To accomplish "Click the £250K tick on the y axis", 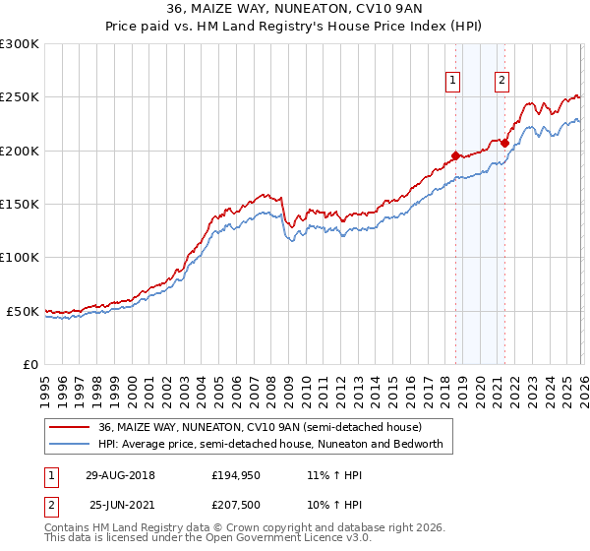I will (x=20, y=97).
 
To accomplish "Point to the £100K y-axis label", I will (x=20, y=258).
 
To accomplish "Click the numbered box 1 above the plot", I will (x=453, y=82).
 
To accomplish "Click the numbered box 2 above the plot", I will (x=501, y=82).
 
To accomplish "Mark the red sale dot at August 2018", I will (x=455, y=155).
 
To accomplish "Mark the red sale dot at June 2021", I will (x=504, y=143).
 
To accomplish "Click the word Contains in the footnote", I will (x=70, y=529).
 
